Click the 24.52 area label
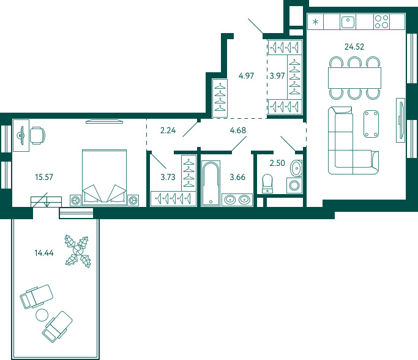(x=354, y=47)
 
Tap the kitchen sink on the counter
(x=348, y=22)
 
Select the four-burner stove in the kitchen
(x=381, y=21)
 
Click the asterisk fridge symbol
(x=315, y=21)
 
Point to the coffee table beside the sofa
(x=371, y=124)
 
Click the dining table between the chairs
(x=354, y=78)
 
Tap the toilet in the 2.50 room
(x=267, y=184)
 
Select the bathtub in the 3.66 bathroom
(x=211, y=183)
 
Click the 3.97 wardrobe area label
(x=277, y=76)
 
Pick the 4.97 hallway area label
(x=246, y=76)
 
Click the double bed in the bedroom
(x=104, y=178)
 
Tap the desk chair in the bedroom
(x=37, y=136)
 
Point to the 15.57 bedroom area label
(x=44, y=177)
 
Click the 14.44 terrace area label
(x=44, y=253)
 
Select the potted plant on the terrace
(x=78, y=251)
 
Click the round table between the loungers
(x=42, y=315)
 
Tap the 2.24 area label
(x=168, y=130)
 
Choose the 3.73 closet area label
(x=168, y=177)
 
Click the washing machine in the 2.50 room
(x=294, y=186)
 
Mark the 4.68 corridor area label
(x=238, y=130)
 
